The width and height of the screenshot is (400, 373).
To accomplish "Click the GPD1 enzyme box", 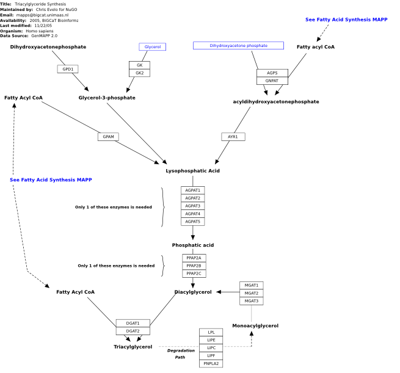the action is coord(68,69).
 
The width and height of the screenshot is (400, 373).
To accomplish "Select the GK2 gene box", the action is coord(139,73).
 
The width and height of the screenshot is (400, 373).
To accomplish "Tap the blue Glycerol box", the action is coord(153,46).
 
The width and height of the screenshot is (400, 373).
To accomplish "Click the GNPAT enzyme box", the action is coord(272,81).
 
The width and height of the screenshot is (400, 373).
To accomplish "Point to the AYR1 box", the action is coord(233,137).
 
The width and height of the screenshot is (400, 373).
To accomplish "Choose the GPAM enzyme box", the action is coord(108,137).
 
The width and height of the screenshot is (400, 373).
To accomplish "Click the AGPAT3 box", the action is coord(193,206).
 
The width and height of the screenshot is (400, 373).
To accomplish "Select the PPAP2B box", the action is coord(194,266).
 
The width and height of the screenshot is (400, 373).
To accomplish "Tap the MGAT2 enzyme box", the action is coord(252,293).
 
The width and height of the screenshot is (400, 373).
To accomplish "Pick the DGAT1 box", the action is coord(133,324).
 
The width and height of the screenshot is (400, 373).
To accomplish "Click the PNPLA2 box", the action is coord(211,364).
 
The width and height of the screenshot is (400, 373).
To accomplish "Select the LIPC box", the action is coord(211,348).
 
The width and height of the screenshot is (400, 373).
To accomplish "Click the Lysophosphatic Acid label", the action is coord(192,171).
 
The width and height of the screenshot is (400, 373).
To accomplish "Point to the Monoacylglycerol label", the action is coord(255,326).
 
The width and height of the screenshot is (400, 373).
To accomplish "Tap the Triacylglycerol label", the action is coord(133,347).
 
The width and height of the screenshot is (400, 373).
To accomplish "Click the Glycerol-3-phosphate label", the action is coord(107,98).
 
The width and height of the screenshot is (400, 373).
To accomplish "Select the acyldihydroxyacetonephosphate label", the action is coord(276,102).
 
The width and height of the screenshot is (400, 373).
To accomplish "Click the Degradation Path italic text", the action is coord(181,354).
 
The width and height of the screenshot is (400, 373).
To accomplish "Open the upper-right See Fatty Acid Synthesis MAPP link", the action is coord(346,20).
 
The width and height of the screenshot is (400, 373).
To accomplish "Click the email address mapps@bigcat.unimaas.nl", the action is coord(42,15).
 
